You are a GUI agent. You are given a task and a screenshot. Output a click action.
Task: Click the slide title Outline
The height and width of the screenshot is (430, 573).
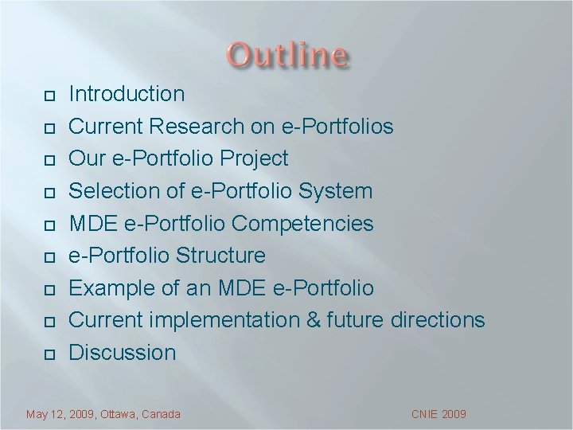[287, 56]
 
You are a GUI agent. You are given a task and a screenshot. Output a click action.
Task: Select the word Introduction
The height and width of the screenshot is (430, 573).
[127, 94]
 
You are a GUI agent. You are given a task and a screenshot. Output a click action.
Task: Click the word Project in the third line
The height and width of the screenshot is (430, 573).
[255, 159]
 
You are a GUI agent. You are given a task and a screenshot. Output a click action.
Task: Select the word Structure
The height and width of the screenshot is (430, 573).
[221, 256]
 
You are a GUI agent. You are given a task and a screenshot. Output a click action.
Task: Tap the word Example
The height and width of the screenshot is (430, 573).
[115, 288]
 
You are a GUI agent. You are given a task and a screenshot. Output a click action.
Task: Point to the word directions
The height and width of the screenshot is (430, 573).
[438, 320]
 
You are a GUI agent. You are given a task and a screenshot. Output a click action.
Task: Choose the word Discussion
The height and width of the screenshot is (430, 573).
[123, 353]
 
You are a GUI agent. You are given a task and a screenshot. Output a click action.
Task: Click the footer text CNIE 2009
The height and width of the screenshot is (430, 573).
[439, 414]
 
